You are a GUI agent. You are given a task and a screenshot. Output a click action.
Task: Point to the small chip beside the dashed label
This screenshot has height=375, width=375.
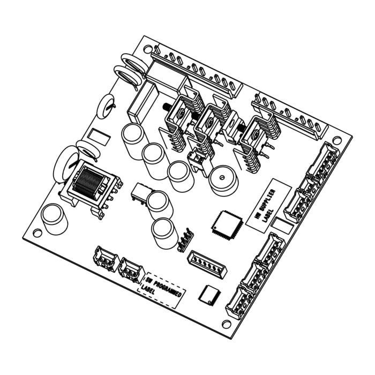209,296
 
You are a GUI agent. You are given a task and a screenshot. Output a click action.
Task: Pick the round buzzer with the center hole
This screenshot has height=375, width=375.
223,181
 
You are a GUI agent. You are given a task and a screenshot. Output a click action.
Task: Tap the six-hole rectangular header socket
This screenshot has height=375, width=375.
207,264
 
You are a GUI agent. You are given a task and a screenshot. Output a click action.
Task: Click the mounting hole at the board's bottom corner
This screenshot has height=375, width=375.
226,324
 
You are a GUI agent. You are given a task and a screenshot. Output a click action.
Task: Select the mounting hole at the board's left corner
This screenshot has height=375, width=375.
37,232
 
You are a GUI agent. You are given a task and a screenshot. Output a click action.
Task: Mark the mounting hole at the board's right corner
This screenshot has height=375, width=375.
337,139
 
